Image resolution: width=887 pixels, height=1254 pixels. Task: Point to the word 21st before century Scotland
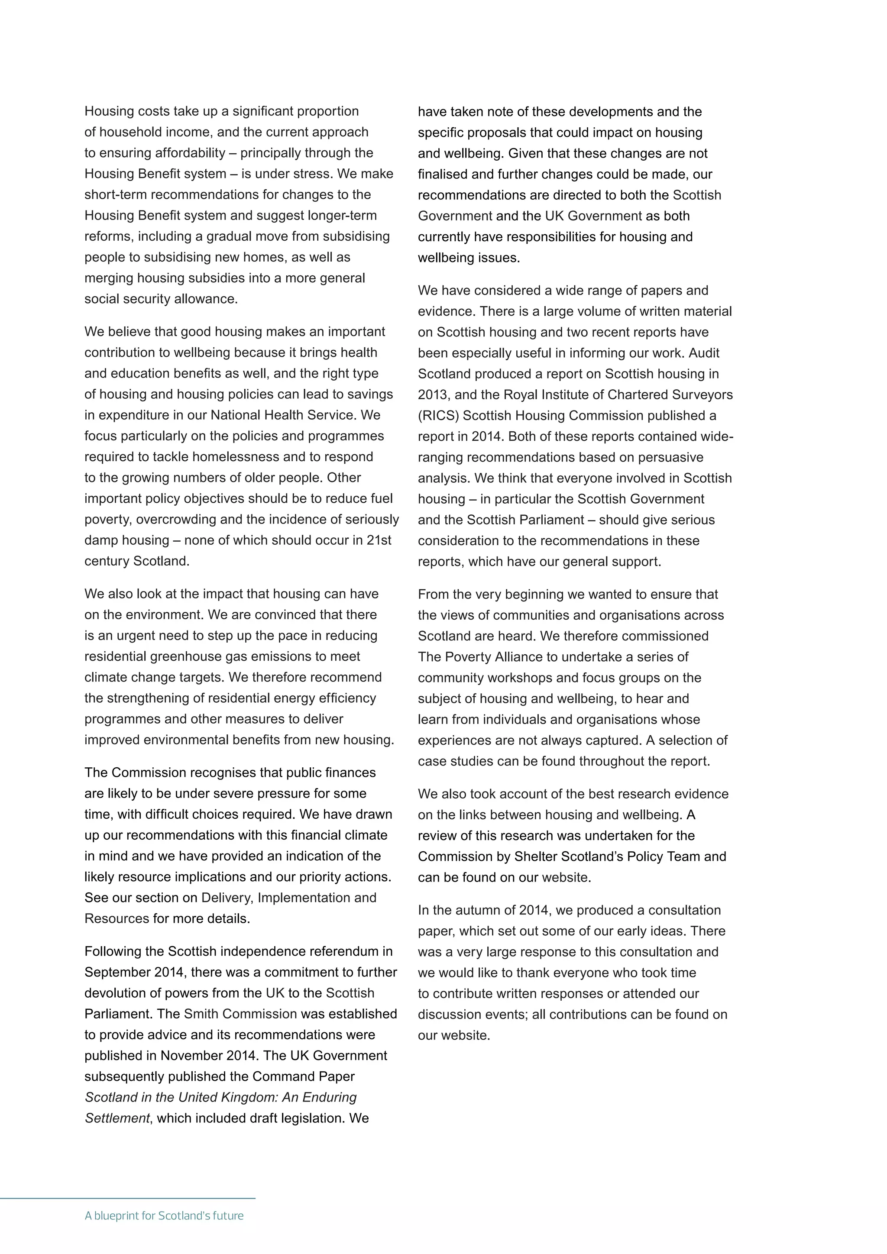click(379, 540)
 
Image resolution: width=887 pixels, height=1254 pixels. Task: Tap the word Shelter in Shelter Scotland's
click(536, 856)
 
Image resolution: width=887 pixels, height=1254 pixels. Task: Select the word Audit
click(704, 353)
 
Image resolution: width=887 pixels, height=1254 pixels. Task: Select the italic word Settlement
click(117, 1118)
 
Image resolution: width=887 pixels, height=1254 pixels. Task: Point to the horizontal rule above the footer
click(127, 1198)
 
